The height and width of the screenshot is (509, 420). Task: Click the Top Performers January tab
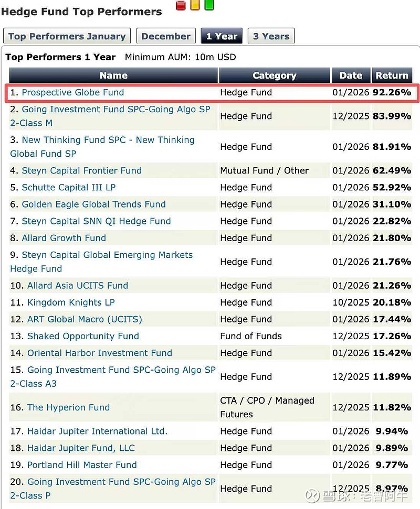tap(67, 36)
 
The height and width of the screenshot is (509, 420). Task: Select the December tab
tap(166, 36)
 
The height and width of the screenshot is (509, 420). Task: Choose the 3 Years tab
tap(271, 36)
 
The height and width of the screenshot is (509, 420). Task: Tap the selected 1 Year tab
tap(222, 36)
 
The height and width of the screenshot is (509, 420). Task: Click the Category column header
tap(274, 75)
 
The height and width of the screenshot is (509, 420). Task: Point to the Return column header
tap(392, 75)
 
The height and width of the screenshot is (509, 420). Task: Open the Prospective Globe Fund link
tap(73, 92)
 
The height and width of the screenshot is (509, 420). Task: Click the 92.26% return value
tap(392, 92)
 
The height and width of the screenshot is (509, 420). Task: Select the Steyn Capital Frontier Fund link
tap(81, 170)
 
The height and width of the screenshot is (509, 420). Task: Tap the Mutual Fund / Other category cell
tap(264, 170)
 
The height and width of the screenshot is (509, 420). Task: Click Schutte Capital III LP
tap(68, 187)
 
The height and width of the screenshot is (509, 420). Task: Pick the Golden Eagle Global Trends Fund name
tap(93, 204)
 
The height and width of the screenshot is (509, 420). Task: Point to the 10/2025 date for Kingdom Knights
tap(351, 302)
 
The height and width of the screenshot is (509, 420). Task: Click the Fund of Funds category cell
tap(251, 336)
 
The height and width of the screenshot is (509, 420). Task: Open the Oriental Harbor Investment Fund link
tap(100, 353)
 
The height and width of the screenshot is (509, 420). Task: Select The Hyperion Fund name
tap(68, 407)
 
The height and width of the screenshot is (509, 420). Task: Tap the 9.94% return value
tap(392, 431)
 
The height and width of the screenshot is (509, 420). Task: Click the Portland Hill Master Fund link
tap(82, 464)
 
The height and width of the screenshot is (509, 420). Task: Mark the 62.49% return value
tap(392, 170)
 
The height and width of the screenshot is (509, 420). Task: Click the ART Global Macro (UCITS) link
tap(85, 319)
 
